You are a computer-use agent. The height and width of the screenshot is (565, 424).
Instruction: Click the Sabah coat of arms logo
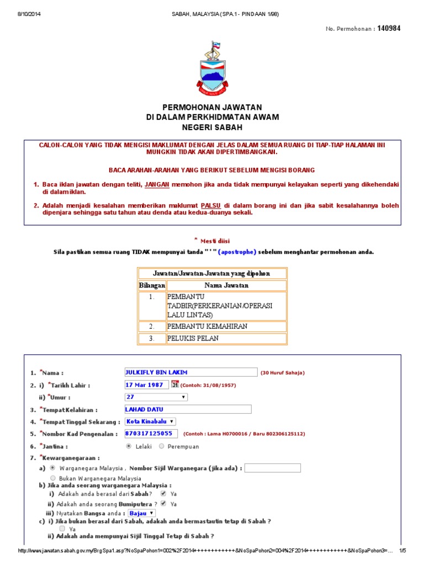(x=212, y=67)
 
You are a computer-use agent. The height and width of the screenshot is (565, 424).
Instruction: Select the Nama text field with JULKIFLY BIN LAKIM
(x=191, y=372)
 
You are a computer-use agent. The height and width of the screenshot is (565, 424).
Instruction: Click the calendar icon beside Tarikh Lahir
(x=175, y=384)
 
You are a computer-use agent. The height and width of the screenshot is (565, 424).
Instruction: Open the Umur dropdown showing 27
(x=157, y=397)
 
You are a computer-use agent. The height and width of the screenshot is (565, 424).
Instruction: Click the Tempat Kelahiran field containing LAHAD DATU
(x=188, y=409)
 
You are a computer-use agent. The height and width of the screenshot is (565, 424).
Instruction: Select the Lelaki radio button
(x=129, y=446)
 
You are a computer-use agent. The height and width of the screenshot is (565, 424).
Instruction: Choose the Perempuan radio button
(x=161, y=446)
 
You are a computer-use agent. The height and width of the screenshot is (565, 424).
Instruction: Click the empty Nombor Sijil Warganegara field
(x=272, y=468)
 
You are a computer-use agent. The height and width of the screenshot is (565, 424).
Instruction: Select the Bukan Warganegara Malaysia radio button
(x=53, y=478)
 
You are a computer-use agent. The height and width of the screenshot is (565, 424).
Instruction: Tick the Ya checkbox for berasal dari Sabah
(x=163, y=493)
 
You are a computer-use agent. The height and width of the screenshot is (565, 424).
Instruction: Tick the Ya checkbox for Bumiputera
(x=163, y=503)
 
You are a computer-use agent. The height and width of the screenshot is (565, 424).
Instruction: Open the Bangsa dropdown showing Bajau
(x=141, y=513)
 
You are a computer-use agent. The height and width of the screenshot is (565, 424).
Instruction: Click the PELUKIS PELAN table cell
(x=226, y=338)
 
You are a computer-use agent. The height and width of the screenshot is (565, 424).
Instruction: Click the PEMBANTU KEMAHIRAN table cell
(x=226, y=326)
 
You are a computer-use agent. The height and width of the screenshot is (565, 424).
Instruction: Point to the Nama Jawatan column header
(x=226, y=285)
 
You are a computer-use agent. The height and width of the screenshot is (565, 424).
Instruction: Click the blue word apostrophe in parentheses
(x=237, y=252)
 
